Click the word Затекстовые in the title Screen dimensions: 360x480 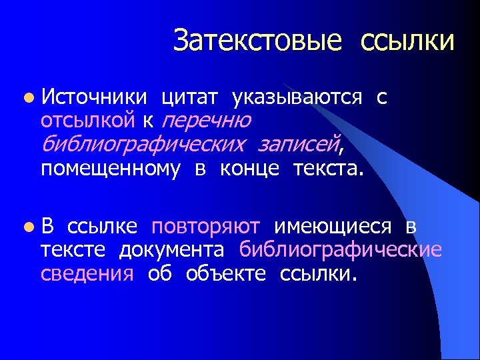tap(257, 41)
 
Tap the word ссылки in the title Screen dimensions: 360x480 tap(407, 41)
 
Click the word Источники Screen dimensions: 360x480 tap(94, 97)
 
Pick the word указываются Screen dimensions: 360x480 tap(297, 97)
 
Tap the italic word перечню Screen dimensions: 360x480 tap(206, 121)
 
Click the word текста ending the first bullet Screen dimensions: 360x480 tap(327, 169)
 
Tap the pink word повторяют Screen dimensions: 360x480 tap(206, 227)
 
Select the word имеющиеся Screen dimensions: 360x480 tap(336, 227)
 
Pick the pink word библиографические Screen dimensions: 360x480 tap(341, 250)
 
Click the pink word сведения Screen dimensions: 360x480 tap(87, 273)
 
